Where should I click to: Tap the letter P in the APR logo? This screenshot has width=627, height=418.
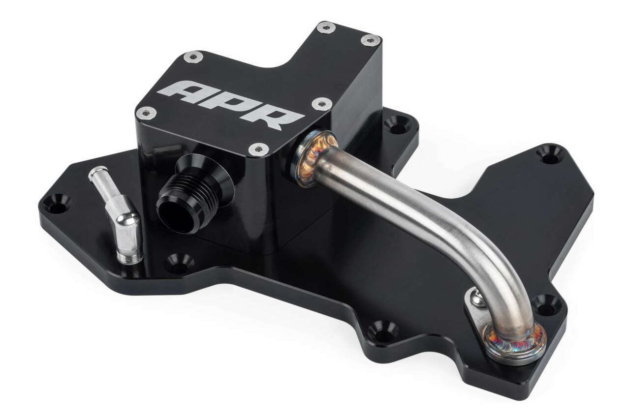(229, 104)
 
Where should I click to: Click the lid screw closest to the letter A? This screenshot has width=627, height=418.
(146, 114)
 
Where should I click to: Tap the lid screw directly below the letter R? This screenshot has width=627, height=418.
(258, 149)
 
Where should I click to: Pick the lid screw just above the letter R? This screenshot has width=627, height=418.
(321, 104)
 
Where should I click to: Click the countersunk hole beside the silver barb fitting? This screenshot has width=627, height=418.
(56, 203)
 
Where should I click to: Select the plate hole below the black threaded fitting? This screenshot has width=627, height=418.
(179, 264)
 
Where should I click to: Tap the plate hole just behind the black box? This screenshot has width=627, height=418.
(397, 124)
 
